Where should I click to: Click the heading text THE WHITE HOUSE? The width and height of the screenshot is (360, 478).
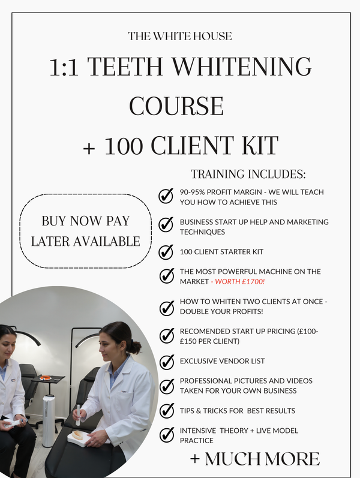(180, 36)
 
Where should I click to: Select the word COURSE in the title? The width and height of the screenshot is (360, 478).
(176, 106)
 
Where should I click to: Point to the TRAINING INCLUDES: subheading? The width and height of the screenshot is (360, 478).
(248, 175)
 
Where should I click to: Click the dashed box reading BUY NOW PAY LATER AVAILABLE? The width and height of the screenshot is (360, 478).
(85, 231)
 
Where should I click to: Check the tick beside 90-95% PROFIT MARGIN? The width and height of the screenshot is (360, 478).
(166, 196)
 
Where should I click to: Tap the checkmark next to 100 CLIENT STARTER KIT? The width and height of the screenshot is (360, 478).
(166, 251)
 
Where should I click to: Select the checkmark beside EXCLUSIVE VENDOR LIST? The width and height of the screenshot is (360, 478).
(166, 362)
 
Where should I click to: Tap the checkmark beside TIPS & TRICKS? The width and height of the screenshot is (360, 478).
(166, 411)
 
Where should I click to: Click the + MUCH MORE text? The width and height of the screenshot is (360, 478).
(254, 459)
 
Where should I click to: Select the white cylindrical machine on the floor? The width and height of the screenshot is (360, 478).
(49, 420)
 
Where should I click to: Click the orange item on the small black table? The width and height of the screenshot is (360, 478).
(46, 378)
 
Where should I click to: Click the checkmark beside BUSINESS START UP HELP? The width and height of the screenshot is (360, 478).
(166, 224)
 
